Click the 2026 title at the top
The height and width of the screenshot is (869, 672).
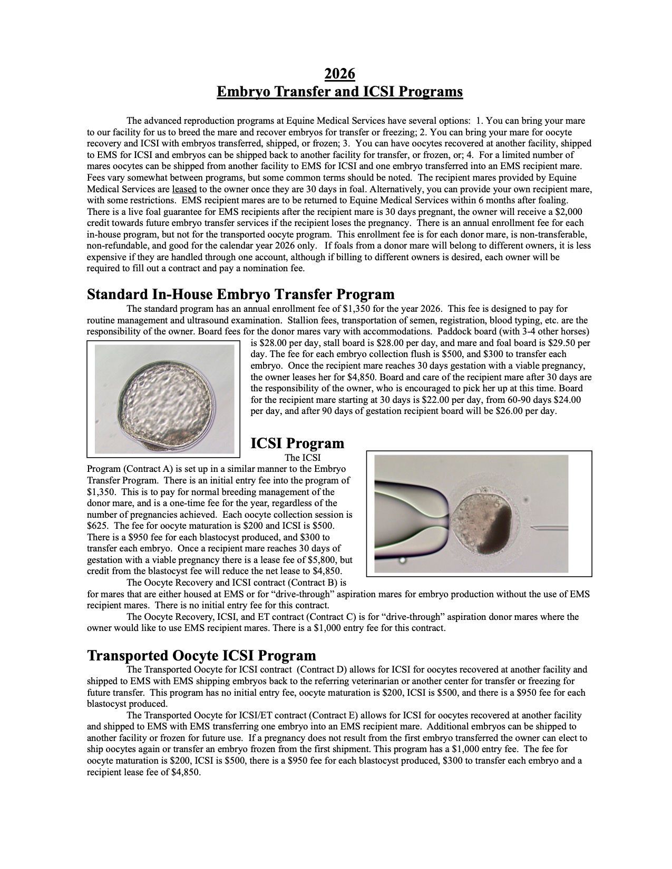tap(339, 73)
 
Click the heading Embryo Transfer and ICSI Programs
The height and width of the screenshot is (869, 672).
tap(340, 92)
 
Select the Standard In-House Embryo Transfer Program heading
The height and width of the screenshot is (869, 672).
tap(240, 294)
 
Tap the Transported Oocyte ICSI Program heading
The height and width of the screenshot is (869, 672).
tap(201, 655)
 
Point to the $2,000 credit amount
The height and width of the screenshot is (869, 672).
tap(567, 212)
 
